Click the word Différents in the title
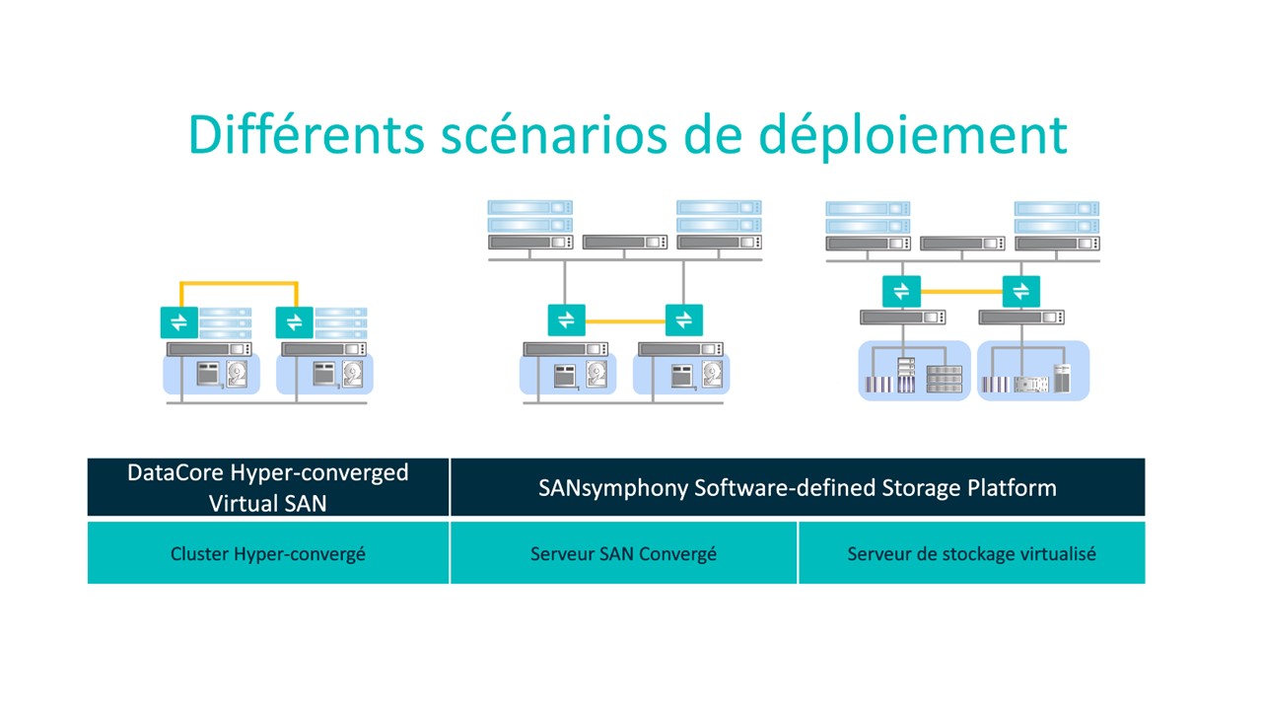(306, 134)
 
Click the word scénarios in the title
(554, 134)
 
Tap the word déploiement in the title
(913, 136)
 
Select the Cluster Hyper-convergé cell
(268, 553)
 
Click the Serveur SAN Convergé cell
(624, 553)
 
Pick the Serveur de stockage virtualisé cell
(972, 553)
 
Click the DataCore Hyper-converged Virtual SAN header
(268, 487)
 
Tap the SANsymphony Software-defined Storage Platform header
(798, 487)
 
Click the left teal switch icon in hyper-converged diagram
(179, 322)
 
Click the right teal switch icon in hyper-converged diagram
(294, 322)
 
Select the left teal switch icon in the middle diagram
(566, 320)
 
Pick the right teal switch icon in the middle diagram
(684, 320)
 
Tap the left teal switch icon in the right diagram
(901, 291)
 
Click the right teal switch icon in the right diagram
(1020, 291)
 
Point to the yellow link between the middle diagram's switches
(625, 321)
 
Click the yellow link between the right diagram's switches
(961, 291)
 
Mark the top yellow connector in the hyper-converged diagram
(239, 283)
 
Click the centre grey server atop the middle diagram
(625, 242)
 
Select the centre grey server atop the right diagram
(962, 244)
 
